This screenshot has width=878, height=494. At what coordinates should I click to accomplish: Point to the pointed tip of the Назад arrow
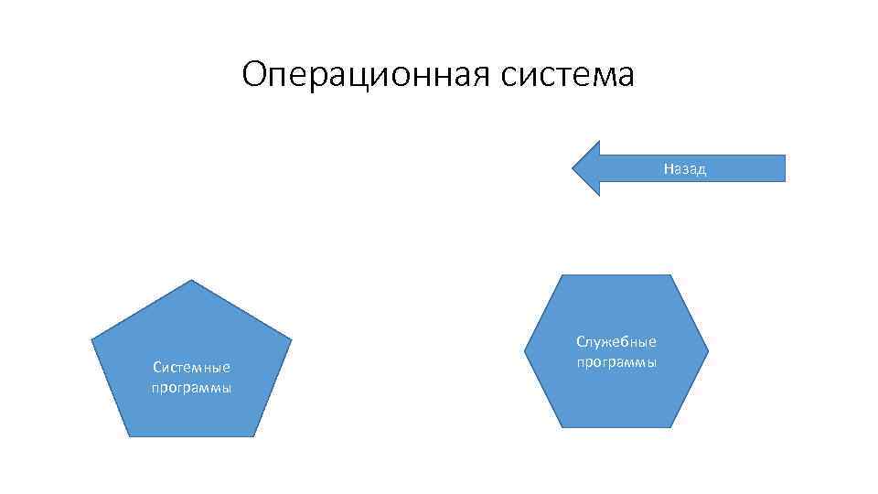pyautogui.click(x=573, y=168)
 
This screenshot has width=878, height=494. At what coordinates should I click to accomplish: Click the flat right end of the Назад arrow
pyautogui.click(x=784, y=168)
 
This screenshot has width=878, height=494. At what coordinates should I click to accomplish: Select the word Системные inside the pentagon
pyautogui.click(x=191, y=367)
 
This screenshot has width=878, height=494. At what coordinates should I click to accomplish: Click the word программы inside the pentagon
pyautogui.click(x=191, y=387)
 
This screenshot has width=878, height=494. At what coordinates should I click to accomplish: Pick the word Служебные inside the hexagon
pyautogui.click(x=616, y=342)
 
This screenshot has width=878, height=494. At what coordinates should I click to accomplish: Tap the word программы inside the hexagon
pyautogui.click(x=616, y=362)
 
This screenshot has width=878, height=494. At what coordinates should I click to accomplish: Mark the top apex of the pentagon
pyautogui.click(x=191, y=280)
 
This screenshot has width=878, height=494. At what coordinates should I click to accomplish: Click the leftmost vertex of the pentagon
pyautogui.click(x=91, y=340)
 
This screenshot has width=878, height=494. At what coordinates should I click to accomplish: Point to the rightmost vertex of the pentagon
pyautogui.click(x=292, y=340)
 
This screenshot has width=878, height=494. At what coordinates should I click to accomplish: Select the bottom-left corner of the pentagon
pyautogui.click(x=129, y=436)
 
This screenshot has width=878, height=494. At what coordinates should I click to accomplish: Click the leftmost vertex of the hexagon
pyautogui.click(x=524, y=350)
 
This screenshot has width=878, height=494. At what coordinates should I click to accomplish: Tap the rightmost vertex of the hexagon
pyautogui.click(x=709, y=350)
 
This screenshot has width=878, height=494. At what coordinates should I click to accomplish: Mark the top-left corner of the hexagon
pyautogui.click(x=562, y=274)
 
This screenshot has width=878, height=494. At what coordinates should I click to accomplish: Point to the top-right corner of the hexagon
pyautogui.click(x=671, y=274)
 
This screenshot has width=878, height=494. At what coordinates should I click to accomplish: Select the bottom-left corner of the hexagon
pyautogui.click(x=562, y=427)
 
